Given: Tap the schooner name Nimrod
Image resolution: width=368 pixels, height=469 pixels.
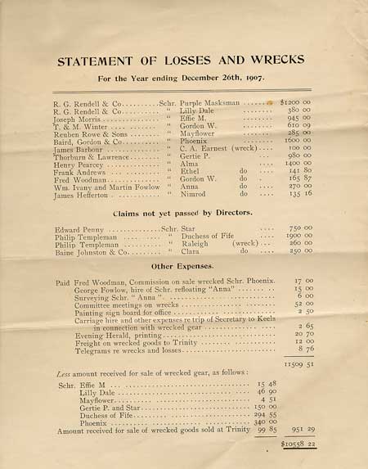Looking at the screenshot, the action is pyautogui.click(x=195, y=195).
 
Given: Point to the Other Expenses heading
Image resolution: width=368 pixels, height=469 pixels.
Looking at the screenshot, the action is pyautogui.click(x=182, y=266).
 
